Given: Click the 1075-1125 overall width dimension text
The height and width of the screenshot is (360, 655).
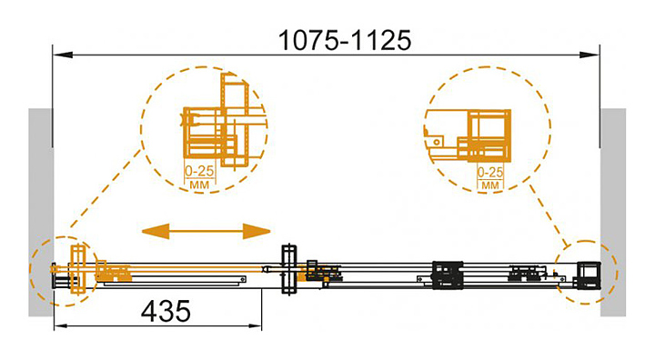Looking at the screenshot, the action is click(x=345, y=41).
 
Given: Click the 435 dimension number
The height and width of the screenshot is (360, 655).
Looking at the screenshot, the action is click(x=166, y=311).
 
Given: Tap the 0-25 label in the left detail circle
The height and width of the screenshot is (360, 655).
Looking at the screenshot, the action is click(x=199, y=171).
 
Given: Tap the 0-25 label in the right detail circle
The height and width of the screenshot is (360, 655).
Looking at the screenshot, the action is click(x=490, y=172).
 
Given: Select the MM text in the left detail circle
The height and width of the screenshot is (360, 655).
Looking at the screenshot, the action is click(x=199, y=185).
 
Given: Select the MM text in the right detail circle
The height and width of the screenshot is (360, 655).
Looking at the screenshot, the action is click(x=490, y=185).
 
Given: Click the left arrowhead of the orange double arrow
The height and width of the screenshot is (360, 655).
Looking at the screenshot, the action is click(x=156, y=231).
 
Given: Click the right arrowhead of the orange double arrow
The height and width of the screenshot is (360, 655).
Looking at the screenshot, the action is click(x=257, y=231).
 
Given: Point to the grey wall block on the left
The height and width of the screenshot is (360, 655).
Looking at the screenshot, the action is click(x=41, y=212).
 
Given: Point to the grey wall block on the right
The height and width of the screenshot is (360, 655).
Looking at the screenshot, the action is click(x=613, y=212).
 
